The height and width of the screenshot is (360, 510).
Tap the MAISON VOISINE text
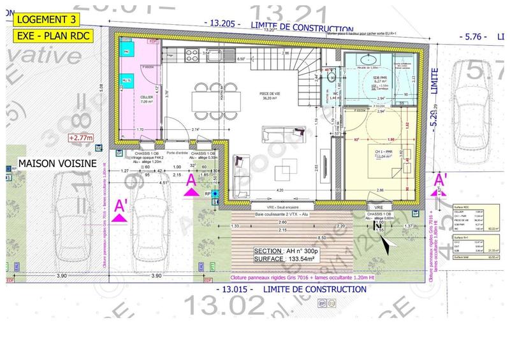57,164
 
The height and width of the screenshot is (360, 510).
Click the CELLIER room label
147,97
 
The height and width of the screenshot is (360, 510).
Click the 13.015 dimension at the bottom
233,289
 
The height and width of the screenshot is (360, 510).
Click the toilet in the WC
330,78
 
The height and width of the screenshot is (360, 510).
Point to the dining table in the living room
215,99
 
